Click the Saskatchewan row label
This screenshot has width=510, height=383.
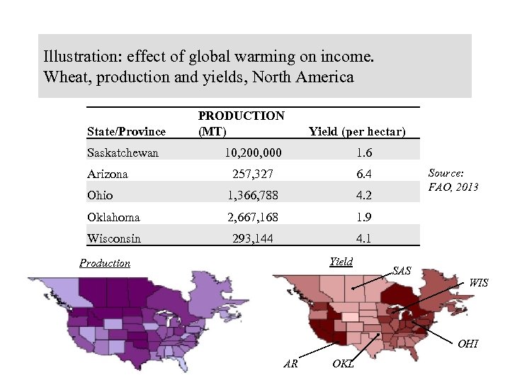click(x=123, y=152)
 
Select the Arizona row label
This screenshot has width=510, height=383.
click(x=107, y=174)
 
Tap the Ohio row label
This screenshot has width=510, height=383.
click(x=100, y=195)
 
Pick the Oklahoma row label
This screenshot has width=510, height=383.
click(x=113, y=217)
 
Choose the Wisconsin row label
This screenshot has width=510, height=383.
click(x=113, y=238)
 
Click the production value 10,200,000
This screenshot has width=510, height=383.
click(x=253, y=152)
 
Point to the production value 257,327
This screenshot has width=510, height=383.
click(x=253, y=174)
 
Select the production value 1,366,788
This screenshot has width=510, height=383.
click(x=253, y=195)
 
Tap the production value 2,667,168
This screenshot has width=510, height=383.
click(x=253, y=217)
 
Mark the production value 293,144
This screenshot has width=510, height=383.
click(x=253, y=238)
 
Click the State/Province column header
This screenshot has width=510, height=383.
click(x=126, y=131)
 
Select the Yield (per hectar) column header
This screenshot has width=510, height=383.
click(x=357, y=131)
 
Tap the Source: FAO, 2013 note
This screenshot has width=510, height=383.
click(x=453, y=180)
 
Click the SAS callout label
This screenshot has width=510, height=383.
click(x=402, y=271)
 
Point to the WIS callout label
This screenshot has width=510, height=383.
click(x=478, y=283)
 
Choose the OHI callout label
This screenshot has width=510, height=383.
click(x=467, y=344)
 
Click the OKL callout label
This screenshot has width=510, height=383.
click(x=343, y=364)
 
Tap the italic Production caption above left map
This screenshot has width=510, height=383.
click(x=105, y=263)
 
